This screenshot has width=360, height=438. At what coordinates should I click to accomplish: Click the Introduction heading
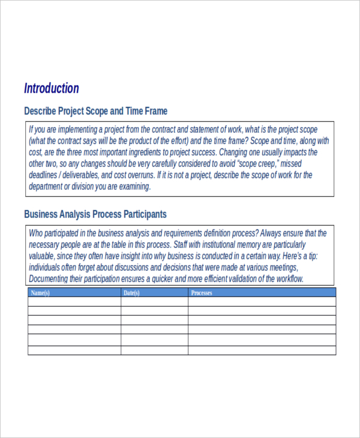52,88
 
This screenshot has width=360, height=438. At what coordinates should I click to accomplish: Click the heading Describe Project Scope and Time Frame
95,111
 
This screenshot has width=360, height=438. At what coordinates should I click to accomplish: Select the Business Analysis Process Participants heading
95,214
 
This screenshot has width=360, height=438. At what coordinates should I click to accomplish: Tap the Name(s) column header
40,293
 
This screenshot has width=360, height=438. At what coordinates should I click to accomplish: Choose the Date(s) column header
131,293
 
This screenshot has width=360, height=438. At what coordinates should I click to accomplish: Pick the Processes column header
202,293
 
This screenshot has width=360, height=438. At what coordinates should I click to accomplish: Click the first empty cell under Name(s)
74,302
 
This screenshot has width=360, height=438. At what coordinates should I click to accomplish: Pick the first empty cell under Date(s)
154,302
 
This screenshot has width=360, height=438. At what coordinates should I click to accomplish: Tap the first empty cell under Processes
262,302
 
